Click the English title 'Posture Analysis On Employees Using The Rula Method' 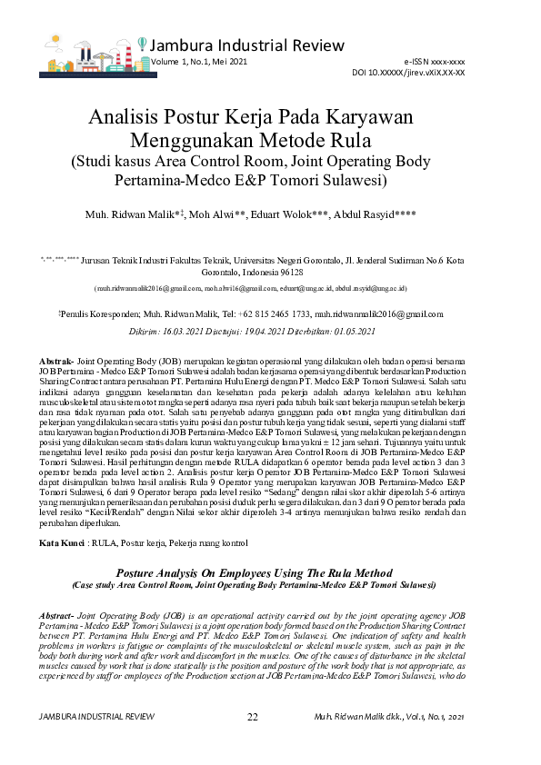coord(270,574)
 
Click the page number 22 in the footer coord(253,717)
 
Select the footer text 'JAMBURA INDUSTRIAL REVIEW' coord(96,717)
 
